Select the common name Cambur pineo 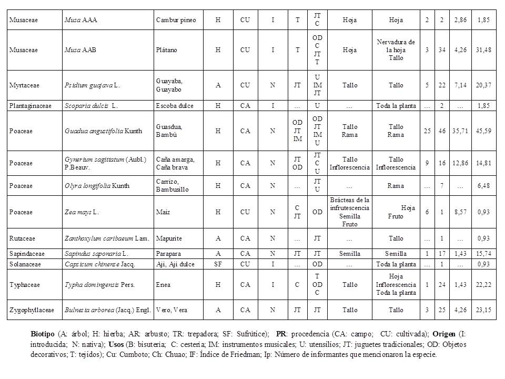[176, 20]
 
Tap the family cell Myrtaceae [24, 85]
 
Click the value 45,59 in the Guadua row [484, 131]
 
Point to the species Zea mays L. [82, 212]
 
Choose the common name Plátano [167, 50]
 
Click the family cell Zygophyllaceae [32, 310]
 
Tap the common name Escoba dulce [175, 106]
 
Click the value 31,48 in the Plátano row [484, 50]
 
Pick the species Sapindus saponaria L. [96, 254]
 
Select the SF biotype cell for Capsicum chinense [218, 264]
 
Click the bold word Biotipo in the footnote [43, 334]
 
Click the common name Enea [163, 284]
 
